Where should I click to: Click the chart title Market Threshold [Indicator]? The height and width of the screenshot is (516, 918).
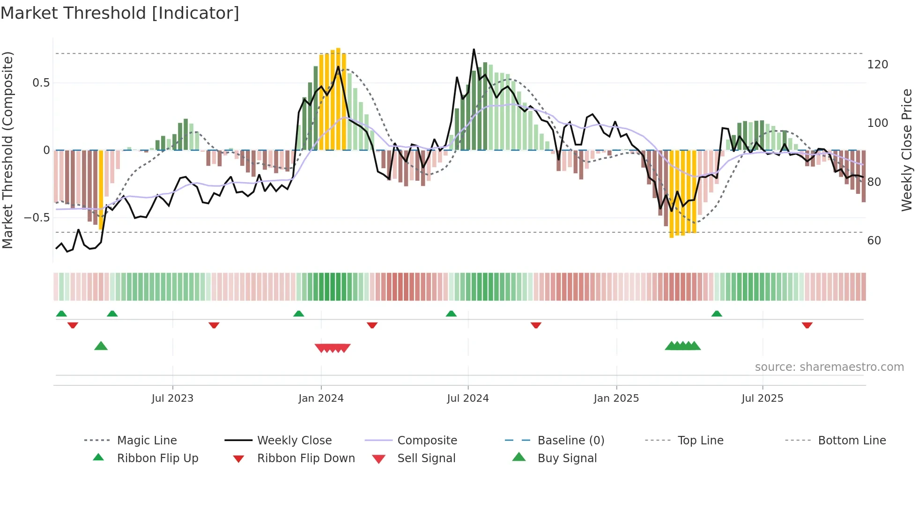tap(120, 13)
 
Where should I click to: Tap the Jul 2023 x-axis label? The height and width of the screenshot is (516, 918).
tap(172, 398)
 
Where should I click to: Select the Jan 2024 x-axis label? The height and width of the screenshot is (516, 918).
tap(321, 398)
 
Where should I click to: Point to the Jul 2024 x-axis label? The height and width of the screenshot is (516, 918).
tap(467, 398)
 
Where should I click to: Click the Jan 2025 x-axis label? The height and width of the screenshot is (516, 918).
tap(616, 398)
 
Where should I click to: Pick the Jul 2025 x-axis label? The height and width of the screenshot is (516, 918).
tap(762, 398)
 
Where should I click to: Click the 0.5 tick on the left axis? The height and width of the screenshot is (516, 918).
tap(41, 83)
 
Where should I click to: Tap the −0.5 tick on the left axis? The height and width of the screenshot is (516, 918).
tap(37, 218)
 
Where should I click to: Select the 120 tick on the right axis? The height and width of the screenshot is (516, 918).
tap(877, 65)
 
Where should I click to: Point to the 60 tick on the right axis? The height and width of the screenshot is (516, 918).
tap(874, 241)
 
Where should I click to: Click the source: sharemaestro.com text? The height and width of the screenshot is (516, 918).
tap(829, 367)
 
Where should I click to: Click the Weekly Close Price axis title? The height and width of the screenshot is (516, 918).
tap(907, 150)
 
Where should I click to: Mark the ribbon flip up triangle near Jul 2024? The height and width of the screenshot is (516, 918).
tap(451, 314)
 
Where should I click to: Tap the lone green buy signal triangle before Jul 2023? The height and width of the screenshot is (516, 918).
tap(101, 346)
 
